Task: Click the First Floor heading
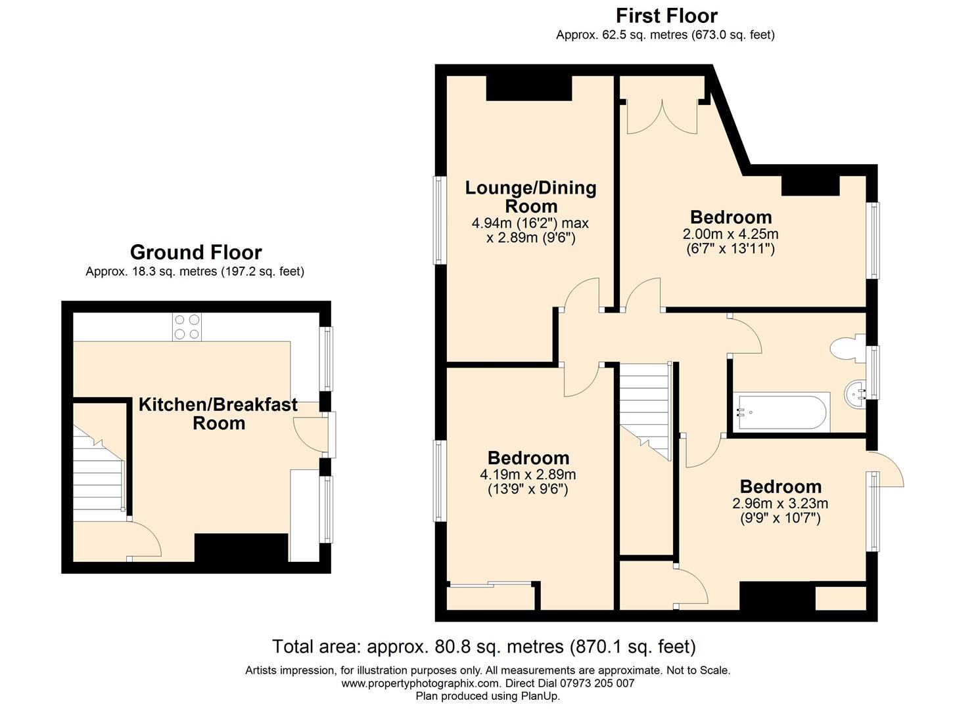pos(666,16)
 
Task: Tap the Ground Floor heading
pos(196,252)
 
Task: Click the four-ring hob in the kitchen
pos(187,327)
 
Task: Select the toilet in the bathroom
pos(847,348)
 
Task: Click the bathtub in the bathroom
pos(781,412)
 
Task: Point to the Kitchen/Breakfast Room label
pos(218,414)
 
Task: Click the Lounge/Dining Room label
pos(530,197)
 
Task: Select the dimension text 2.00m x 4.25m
pos(730,234)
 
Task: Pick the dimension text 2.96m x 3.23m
pos(780,504)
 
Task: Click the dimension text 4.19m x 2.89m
pos(528,475)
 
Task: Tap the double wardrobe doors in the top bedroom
pos(662,116)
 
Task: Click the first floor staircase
pos(645,412)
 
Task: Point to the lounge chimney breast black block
pos(528,89)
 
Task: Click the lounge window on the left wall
pos(440,220)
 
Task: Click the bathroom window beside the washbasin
pos(872,372)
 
